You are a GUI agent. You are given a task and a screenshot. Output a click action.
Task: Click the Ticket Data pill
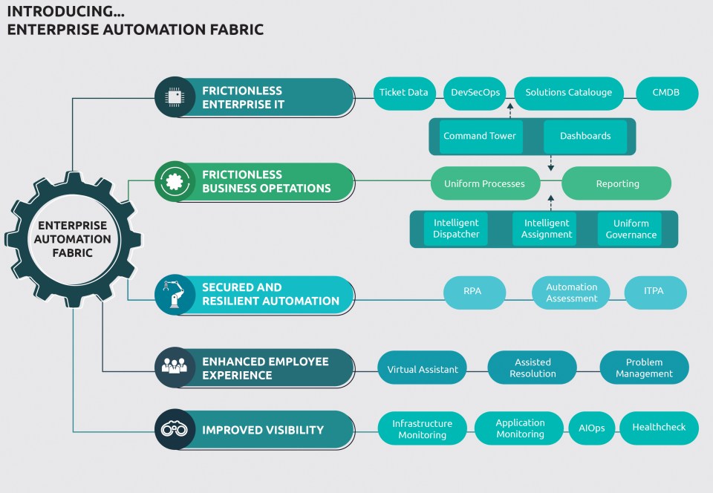404,93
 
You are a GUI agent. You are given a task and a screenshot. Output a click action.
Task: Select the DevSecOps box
475,93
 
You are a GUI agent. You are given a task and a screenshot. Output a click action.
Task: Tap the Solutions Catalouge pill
568,93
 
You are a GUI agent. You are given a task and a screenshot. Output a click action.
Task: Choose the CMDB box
667,93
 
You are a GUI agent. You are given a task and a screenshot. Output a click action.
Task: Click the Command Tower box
480,137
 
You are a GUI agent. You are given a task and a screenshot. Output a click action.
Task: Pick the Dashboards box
585,137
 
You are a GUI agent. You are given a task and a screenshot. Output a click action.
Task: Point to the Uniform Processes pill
484,183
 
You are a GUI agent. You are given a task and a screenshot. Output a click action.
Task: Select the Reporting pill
616,183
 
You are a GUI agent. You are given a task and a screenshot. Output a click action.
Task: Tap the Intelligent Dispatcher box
457,229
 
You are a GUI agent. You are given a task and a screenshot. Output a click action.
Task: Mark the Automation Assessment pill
571,293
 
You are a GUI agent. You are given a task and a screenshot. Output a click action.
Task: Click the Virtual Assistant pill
423,369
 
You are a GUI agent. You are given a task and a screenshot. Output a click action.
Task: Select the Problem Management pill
644,368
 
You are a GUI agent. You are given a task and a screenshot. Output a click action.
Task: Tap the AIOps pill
591,428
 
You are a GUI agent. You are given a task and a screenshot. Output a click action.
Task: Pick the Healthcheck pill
659,428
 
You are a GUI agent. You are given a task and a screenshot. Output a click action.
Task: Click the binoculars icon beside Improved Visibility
175,429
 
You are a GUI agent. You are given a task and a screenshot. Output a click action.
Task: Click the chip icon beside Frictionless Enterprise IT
175,97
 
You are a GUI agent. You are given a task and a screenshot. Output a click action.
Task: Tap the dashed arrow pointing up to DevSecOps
510,111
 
